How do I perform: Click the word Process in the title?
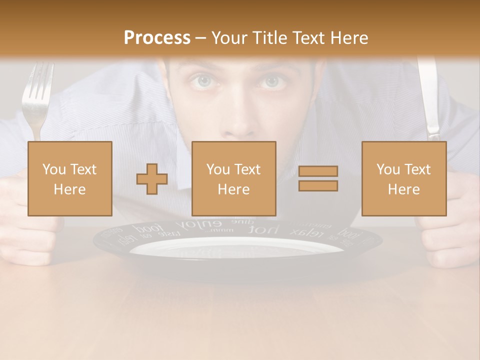tap(157, 37)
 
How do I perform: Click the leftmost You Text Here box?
tap(69, 178)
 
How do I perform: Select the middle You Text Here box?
tap(233, 178)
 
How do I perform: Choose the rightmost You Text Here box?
tap(403, 178)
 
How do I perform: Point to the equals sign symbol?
tap(318, 178)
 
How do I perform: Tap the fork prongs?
tap(37, 82)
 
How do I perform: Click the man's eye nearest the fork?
tap(203, 81)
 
